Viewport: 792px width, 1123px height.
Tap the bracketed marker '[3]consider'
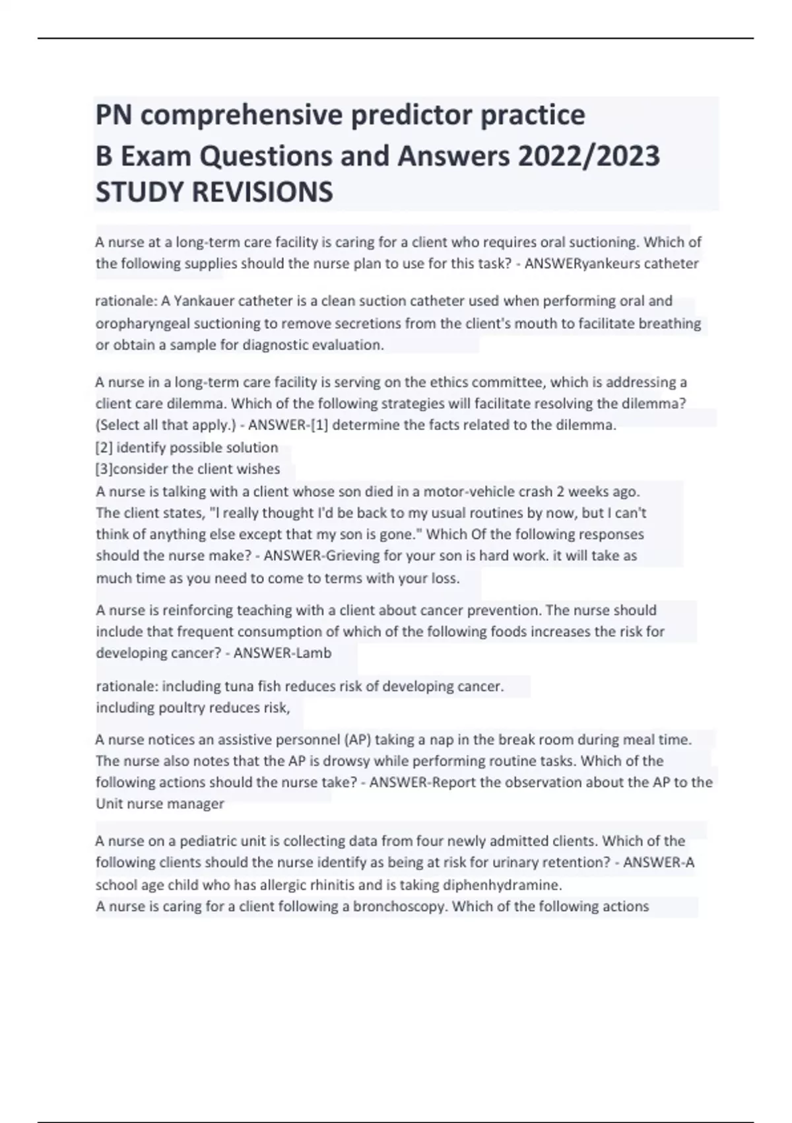[x=131, y=469]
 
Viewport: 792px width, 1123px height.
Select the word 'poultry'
[x=182, y=707]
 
